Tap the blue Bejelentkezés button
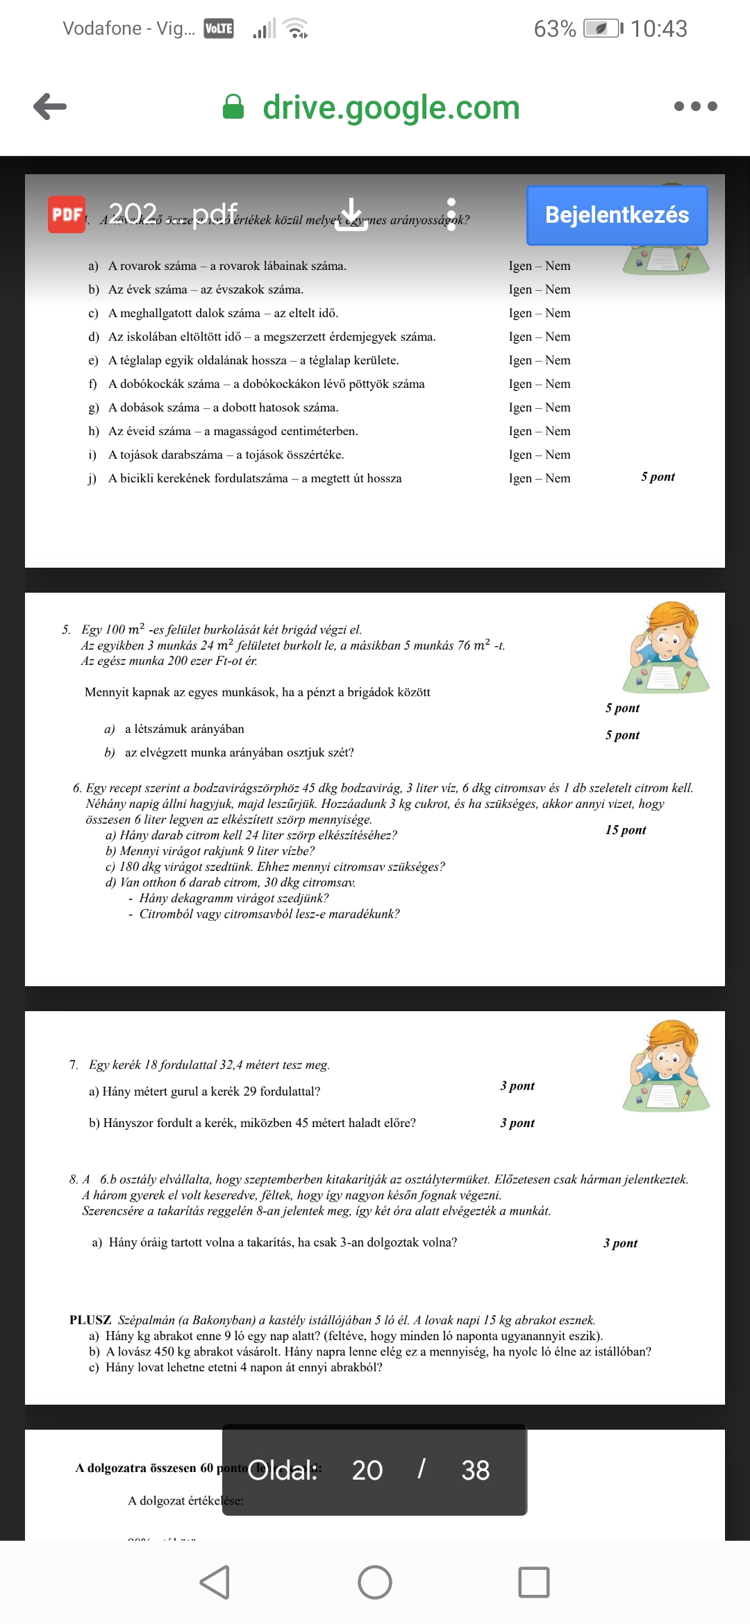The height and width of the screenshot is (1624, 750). pos(617,215)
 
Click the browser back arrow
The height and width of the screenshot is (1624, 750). pos(50,106)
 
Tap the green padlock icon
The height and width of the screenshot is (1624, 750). pos(233,107)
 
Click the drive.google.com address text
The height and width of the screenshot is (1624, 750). pos(391,108)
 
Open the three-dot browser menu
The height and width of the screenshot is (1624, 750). pos(695,106)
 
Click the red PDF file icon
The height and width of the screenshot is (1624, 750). pos(67,214)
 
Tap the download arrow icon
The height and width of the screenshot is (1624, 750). pos(351,214)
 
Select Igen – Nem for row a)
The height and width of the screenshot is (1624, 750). pos(539,266)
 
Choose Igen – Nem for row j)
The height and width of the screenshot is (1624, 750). pos(539,478)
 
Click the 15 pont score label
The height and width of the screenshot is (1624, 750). pos(625,830)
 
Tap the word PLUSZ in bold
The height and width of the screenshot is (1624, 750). pos(90,1320)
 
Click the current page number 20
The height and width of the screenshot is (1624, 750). pos(367,1470)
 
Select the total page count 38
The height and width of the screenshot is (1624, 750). pos(475,1470)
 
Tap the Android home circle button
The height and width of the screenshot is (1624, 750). pos(375,1582)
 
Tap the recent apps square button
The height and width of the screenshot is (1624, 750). pos(533,1582)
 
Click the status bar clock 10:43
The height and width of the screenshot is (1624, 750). pos(658,28)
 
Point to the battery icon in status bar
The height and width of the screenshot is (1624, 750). pos(602,28)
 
